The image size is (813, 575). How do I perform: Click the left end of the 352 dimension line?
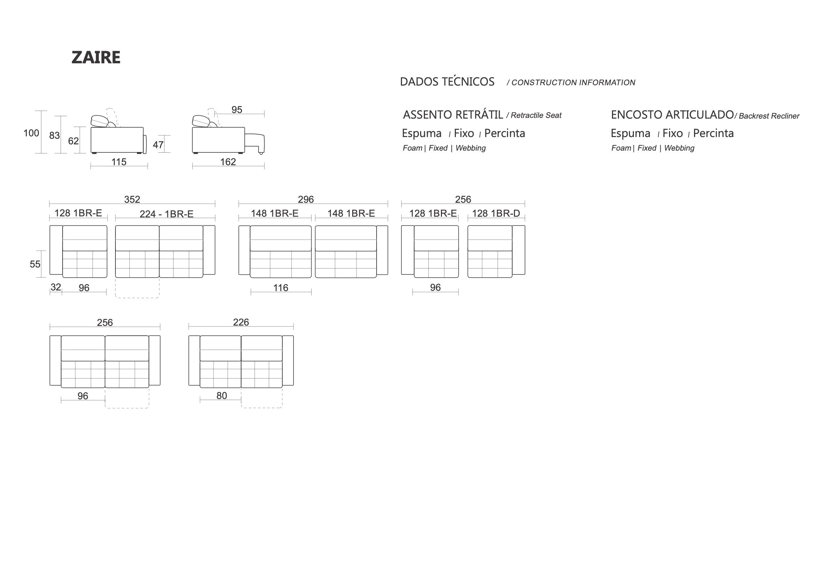pyautogui.click(x=50, y=204)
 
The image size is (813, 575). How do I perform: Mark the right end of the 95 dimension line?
pyautogui.click(x=264, y=114)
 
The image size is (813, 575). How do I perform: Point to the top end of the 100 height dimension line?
pyautogui.click(x=41, y=111)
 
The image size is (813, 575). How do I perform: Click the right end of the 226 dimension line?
pyautogui.click(x=293, y=327)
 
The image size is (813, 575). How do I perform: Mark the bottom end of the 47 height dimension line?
pyautogui.click(x=164, y=152)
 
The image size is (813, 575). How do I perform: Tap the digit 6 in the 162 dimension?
pyautogui.click(x=228, y=162)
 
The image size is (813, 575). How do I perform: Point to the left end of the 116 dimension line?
pyautogui.click(x=251, y=292)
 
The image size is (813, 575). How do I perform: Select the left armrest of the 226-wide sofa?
pyautogui.click(x=194, y=360)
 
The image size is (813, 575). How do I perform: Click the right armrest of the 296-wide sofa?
pyautogui.click(x=382, y=250)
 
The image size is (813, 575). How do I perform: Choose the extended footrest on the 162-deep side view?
pyautogui.click(x=255, y=142)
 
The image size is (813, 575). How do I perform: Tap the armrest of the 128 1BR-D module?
pyautogui.click(x=519, y=250)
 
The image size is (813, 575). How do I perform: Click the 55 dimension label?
pyautogui.click(x=35, y=264)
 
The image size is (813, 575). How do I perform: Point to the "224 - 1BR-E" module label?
pyautogui.click(x=167, y=214)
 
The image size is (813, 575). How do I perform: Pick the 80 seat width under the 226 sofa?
pyautogui.click(x=222, y=396)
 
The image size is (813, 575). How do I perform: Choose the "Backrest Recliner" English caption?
pyautogui.click(x=769, y=116)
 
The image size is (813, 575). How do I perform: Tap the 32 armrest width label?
pyautogui.click(x=56, y=287)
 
